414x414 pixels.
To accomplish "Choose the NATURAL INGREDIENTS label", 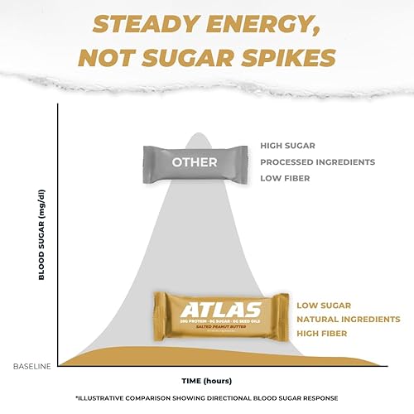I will [349, 319].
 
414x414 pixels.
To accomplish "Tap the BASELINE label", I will [32, 364].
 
